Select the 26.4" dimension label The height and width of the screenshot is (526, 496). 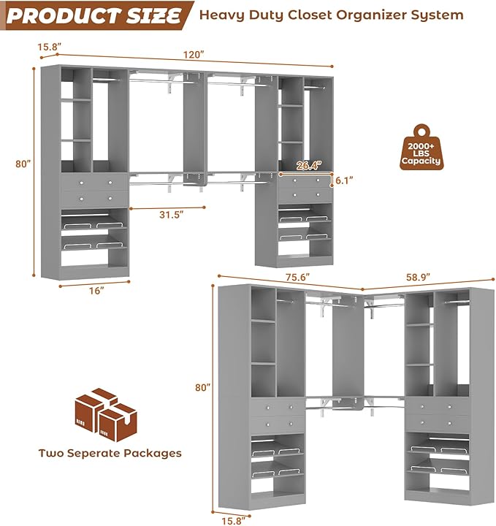click(309, 166)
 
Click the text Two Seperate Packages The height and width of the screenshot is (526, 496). click(110, 453)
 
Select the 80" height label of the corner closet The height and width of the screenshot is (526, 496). click(202, 386)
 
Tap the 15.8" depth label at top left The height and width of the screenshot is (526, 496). click(50, 47)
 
